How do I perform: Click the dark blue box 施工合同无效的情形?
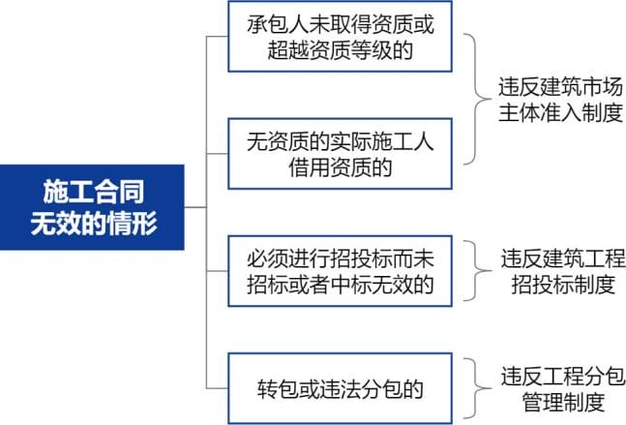[x=92, y=207]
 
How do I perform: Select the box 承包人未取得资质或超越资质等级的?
[x=341, y=37]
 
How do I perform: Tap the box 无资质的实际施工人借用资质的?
[x=341, y=154]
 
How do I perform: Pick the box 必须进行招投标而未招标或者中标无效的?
[x=341, y=271]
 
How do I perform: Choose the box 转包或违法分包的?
[x=341, y=388]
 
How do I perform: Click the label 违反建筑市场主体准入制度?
[x=560, y=100]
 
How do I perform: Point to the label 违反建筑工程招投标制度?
[x=563, y=271]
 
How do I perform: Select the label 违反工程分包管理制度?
[x=563, y=389]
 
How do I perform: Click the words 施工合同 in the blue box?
[x=94, y=192]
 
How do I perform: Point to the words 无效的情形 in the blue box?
[x=94, y=223]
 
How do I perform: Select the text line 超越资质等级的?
[x=341, y=50]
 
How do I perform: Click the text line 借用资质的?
[x=341, y=167]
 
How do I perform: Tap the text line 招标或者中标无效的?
[x=341, y=285]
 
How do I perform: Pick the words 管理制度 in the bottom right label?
[x=563, y=402]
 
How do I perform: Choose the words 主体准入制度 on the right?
[x=560, y=112]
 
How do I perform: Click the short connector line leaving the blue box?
[x=195, y=207]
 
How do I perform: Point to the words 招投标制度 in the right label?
[x=563, y=284]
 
